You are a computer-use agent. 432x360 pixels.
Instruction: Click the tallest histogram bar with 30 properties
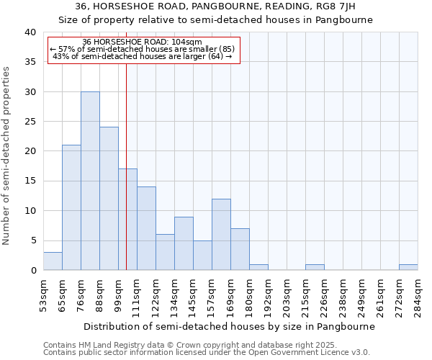coord(90,181)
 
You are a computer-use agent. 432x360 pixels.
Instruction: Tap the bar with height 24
coord(109,199)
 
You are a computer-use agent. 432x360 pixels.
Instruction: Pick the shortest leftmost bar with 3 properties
coord(53,261)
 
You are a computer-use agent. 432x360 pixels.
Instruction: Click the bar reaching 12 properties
coord(221,235)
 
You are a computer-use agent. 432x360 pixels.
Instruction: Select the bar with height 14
coord(146,228)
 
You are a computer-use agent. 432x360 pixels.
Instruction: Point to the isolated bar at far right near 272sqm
coord(408,267)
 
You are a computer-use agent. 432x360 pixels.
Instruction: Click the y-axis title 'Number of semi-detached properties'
coord(7,156)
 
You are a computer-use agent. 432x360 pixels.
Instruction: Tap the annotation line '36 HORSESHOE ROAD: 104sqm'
coord(143,42)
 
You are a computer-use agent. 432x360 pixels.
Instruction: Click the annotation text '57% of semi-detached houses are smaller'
coord(137,49)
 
